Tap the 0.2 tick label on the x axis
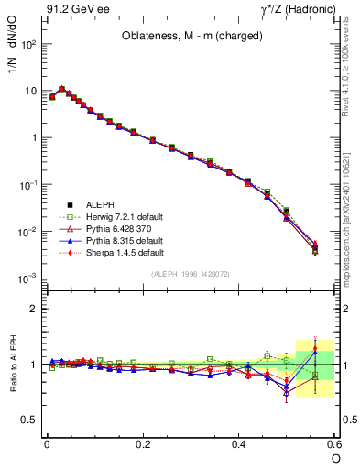pos(143,443)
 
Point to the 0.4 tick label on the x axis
pos(239,443)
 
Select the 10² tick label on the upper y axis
pos(28,44)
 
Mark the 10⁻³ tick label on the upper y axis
pos(28,278)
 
